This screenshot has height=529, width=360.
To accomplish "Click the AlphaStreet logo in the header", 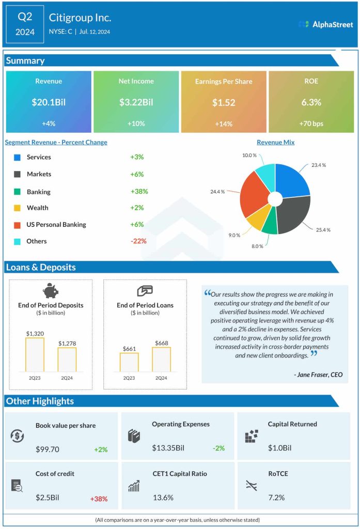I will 325,24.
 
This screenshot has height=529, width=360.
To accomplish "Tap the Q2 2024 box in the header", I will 25,24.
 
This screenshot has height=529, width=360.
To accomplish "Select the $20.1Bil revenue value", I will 49,102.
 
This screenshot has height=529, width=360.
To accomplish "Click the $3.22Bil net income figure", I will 136,102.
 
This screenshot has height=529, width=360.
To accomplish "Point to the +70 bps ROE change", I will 311,123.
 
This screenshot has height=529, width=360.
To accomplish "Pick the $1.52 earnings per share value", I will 224,102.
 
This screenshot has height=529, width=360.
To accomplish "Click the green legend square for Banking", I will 18,192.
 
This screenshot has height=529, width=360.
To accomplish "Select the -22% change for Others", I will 138,241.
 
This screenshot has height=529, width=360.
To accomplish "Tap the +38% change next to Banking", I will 139,192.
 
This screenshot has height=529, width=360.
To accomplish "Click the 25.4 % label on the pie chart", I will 323,229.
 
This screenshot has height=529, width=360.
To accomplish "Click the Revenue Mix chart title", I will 275,142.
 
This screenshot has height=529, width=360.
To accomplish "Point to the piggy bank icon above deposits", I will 51,291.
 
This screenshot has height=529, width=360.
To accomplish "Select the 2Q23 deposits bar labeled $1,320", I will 35,354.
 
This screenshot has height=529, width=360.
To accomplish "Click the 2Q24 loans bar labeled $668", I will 161,359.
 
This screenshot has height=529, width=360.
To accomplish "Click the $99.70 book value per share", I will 48,449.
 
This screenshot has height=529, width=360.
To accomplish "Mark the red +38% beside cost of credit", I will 99,499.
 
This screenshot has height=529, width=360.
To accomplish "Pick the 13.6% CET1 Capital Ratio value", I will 163,498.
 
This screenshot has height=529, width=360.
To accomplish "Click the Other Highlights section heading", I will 40,401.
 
